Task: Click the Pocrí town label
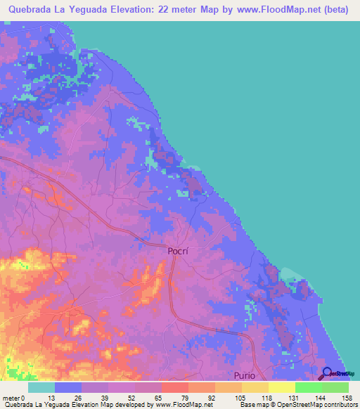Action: click(x=179, y=251)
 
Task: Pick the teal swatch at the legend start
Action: click(x=41, y=387)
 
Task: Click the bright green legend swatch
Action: click(x=308, y=387)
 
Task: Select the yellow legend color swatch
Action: click(x=281, y=387)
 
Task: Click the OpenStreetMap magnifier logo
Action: click(x=328, y=374)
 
